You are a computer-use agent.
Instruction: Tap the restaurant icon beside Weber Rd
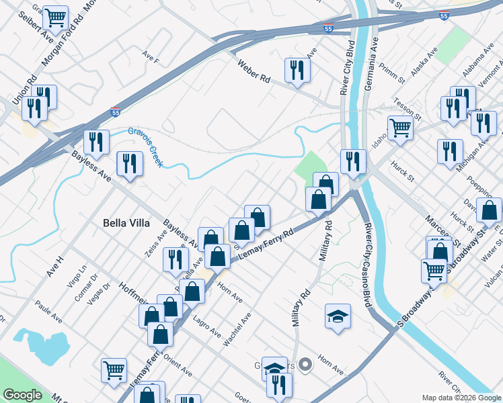point(297,70)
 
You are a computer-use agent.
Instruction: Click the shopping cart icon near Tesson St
point(400,127)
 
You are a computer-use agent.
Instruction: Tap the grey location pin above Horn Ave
point(306,365)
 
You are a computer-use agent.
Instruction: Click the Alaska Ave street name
point(425,61)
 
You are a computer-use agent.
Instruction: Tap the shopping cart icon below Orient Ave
point(114,369)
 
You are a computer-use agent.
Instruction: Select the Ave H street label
point(54,267)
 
